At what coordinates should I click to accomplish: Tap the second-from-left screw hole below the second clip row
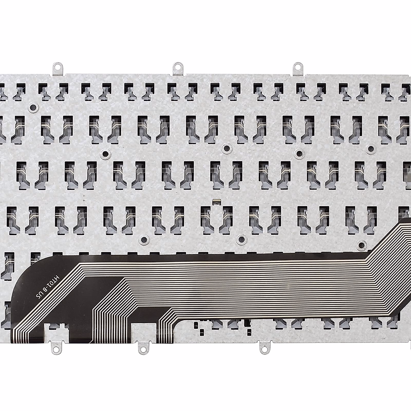click(226, 148)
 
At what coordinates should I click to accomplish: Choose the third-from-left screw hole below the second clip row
click(299, 153)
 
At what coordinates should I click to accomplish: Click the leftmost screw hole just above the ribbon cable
click(144, 239)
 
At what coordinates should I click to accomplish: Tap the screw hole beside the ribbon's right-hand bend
click(360, 244)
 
